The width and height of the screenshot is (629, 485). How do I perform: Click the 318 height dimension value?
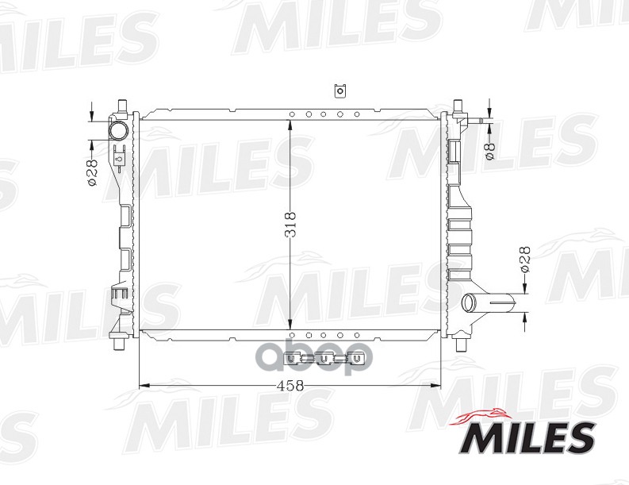tap(291, 224)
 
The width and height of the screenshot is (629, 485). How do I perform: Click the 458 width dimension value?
tap(290, 386)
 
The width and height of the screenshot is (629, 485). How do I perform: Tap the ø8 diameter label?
tap(491, 151)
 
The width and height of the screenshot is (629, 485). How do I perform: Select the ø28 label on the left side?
tap(92, 172)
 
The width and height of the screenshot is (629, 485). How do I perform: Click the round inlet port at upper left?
tap(119, 130)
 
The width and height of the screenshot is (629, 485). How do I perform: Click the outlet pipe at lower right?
tap(490, 302)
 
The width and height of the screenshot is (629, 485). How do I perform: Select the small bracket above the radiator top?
tap(339, 90)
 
